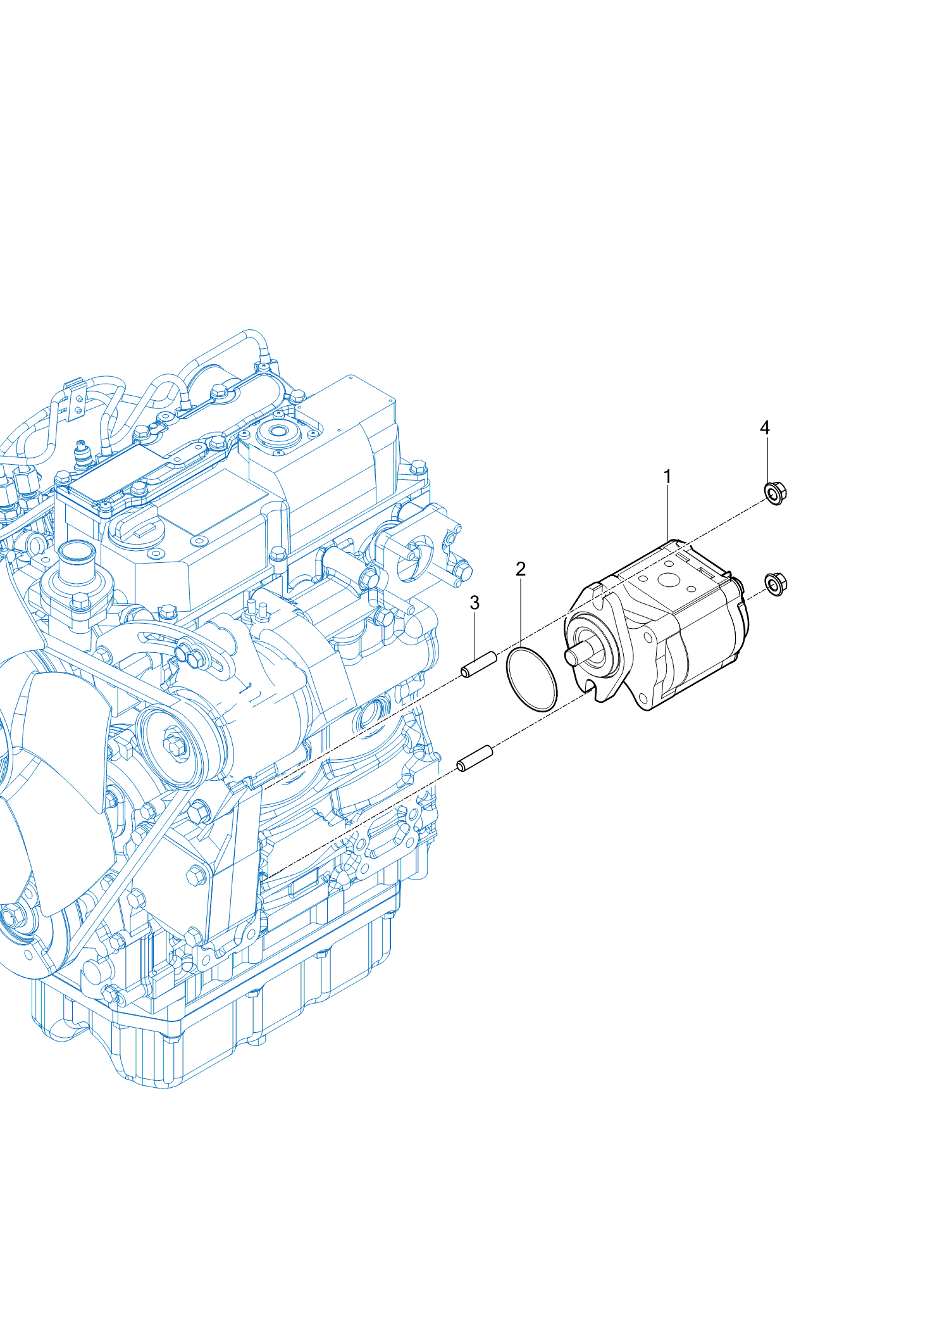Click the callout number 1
pyautogui.click(x=667, y=476)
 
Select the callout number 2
pyautogui.click(x=521, y=569)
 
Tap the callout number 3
pyautogui.click(x=475, y=603)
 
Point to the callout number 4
pyautogui.click(x=765, y=428)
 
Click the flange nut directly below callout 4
pyautogui.click(x=776, y=493)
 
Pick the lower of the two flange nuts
pyautogui.click(x=776, y=583)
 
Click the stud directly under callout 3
pyautogui.click(x=479, y=664)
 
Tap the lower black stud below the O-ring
pyautogui.click(x=475, y=759)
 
